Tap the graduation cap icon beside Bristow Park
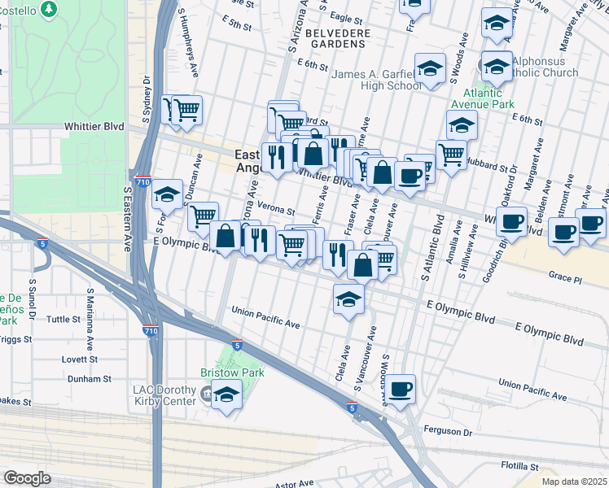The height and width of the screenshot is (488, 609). click(x=228, y=394)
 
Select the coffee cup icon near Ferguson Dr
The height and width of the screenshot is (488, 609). click(x=399, y=390)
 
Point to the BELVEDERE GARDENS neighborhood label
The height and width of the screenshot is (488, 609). click(x=340, y=38)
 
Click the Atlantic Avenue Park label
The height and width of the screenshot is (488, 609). click(x=484, y=99)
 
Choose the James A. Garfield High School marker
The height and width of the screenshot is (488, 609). click(x=431, y=69)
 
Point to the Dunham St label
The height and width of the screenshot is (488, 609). click(x=89, y=379)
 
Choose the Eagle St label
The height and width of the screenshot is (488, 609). click(x=346, y=17)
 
